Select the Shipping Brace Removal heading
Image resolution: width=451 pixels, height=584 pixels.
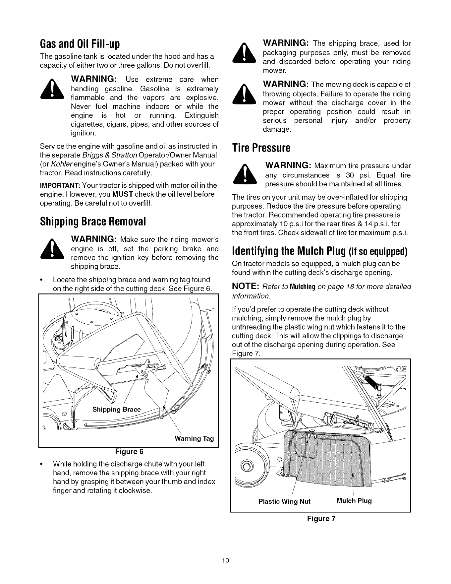[x=93, y=222]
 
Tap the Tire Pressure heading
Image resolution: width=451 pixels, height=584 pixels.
[x=261, y=148]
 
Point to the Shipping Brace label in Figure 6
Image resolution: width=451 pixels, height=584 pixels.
[x=116, y=410]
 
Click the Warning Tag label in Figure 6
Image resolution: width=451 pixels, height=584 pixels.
[x=194, y=439]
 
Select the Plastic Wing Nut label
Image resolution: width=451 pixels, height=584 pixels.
[x=284, y=501]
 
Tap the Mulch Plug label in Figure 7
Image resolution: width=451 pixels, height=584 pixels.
[x=354, y=501]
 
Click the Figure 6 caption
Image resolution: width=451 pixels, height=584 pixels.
[x=129, y=452]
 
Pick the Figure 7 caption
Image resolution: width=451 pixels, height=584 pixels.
[x=321, y=519]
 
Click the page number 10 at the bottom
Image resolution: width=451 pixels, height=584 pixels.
[x=226, y=561]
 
